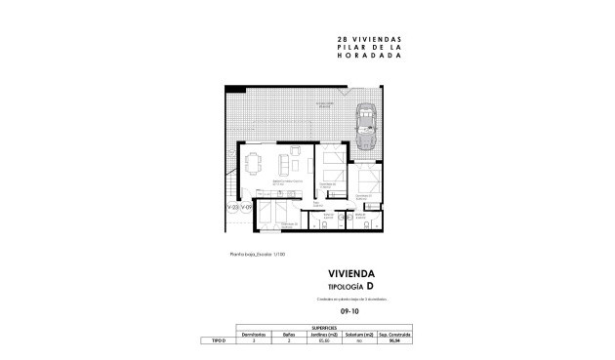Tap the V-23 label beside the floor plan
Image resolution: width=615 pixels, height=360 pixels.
[233, 208]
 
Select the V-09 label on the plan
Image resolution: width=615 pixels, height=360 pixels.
[247, 208]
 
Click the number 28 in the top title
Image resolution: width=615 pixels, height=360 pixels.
[314, 39]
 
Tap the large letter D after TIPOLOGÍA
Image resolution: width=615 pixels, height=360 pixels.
[370, 286]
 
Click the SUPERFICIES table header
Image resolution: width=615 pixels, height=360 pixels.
[326, 328]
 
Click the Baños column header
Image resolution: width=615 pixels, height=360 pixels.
[290, 335]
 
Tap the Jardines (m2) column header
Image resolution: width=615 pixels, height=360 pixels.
[326, 335]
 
